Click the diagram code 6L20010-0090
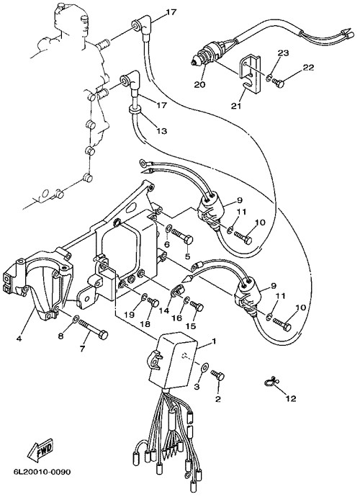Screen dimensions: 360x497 click(x=42, y=472)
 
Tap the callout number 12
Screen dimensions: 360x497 click(x=291, y=398)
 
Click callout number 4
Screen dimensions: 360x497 click(x=19, y=339)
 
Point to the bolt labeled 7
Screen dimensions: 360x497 click(x=93, y=330)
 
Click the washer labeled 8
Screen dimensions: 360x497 click(x=76, y=318)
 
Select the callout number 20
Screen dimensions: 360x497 click(x=200, y=84)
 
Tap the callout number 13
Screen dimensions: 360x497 click(x=161, y=130)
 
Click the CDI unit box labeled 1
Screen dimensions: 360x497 click(x=173, y=360)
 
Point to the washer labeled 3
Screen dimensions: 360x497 click(x=204, y=367)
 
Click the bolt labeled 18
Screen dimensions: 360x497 click(x=153, y=303)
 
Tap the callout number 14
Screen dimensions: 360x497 click(x=164, y=311)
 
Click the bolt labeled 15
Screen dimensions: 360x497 click(x=197, y=306)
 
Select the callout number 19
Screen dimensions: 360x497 click(x=130, y=315)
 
